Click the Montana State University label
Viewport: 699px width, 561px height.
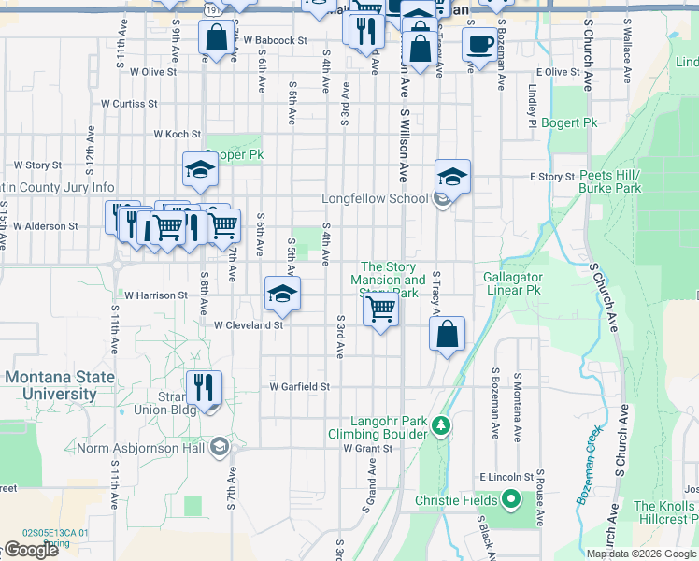point(61,385)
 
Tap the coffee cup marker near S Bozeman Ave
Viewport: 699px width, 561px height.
point(479,43)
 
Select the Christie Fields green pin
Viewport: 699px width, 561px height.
point(510,499)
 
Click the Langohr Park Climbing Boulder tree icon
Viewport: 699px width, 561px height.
point(442,425)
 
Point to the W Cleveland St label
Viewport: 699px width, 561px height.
point(249,325)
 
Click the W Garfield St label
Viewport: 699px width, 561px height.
point(300,386)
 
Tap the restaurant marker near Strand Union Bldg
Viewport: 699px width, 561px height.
point(203,386)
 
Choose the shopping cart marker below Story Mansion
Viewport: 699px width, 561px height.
point(380,308)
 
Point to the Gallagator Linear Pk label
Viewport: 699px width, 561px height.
point(513,283)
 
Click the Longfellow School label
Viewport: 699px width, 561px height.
point(376,199)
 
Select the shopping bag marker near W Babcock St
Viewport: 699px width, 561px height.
point(217,38)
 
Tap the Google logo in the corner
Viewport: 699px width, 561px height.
point(31,550)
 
